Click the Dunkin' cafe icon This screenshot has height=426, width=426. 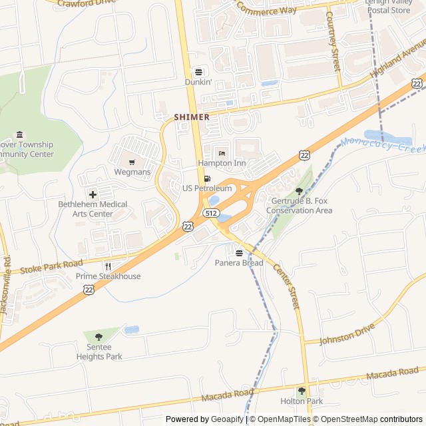198,71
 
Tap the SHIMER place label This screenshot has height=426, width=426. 192,117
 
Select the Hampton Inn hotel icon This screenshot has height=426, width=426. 222,153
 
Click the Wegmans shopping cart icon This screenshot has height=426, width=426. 132,161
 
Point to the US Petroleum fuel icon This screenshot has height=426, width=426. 207,178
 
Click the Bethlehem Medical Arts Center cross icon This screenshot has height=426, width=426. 93,194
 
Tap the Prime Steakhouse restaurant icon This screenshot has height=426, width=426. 107,266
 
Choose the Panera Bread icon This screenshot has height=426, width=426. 239,253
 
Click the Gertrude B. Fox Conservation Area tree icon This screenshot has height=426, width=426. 298,191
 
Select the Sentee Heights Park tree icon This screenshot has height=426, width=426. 99,337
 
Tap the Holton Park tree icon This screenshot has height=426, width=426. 301,391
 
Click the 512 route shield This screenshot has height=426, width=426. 212,213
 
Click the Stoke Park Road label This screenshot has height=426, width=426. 51,268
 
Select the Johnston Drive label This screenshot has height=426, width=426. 347,333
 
